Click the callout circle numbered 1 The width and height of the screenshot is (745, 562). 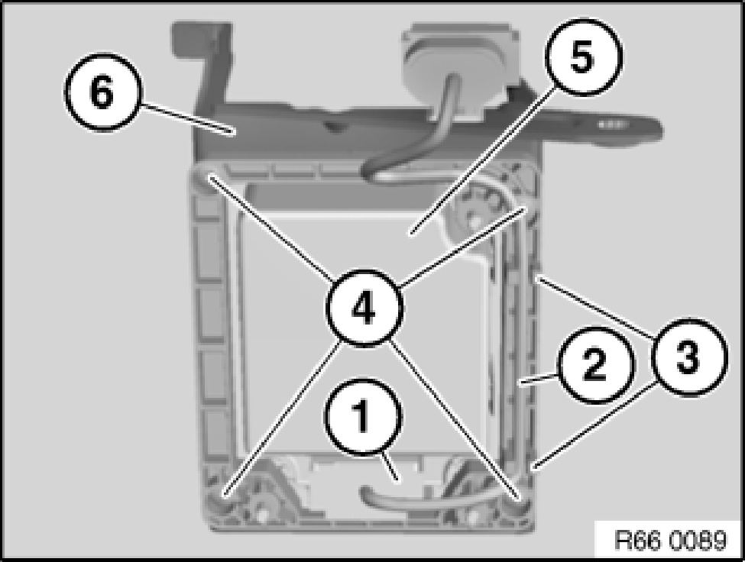pyautogui.click(x=363, y=417)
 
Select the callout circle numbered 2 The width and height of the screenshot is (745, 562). pyautogui.click(x=595, y=364)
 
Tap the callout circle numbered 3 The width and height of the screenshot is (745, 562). pyautogui.click(x=688, y=357)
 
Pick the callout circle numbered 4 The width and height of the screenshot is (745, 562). pyautogui.click(x=364, y=308)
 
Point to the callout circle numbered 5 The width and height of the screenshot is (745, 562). pyautogui.click(x=583, y=57)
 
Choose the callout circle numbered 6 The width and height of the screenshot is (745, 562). pyautogui.click(x=103, y=92)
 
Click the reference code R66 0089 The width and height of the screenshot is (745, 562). pyautogui.click(x=670, y=540)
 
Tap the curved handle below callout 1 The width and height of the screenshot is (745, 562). pyautogui.click(x=409, y=497)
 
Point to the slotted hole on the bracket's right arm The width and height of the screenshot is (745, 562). pyautogui.click(x=609, y=124)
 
